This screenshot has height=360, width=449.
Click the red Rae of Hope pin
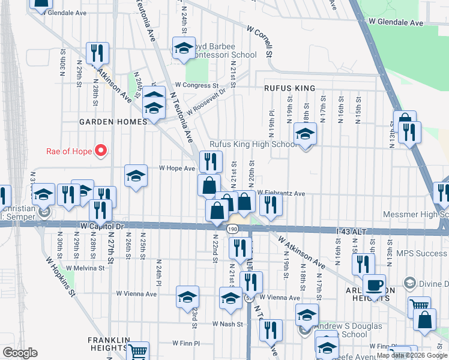[101, 150]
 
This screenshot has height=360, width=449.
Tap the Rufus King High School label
[252, 145]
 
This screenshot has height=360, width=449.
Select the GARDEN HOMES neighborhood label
[113, 122]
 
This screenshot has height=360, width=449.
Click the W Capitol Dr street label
[101, 226]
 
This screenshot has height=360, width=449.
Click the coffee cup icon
[374, 285]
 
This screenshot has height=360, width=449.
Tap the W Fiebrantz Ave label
[282, 193]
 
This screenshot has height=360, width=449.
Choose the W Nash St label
[228, 324]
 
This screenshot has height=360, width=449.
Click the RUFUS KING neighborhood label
[289, 88]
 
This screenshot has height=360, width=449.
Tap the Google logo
[20, 353]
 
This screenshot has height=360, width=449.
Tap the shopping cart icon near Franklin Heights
[138, 351]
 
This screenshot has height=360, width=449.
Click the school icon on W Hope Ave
[136, 176]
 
